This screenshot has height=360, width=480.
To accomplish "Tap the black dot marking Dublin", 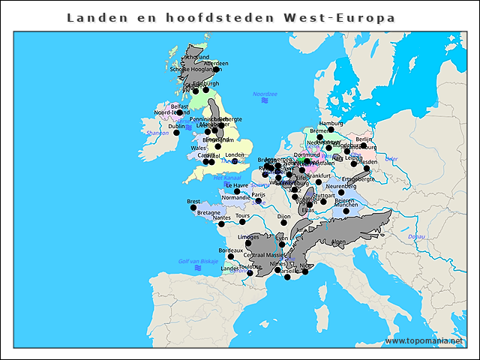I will (177, 133).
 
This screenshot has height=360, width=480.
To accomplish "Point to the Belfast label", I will (180, 106).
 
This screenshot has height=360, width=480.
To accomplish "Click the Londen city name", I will (235, 155).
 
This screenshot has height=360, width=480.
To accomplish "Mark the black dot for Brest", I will (193, 208).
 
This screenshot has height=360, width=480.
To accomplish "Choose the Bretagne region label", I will (208, 213).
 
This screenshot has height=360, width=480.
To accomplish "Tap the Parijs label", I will (259, 194).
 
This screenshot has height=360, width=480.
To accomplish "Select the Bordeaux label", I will (230, 250).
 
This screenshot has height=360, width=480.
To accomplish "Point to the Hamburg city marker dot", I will (331, 130).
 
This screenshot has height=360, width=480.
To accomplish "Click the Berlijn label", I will (364, 139).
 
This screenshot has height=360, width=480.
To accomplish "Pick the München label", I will (346, 204).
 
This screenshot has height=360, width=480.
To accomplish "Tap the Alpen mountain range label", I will (339, 242).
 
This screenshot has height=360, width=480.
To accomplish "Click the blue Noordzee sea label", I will (265, 94).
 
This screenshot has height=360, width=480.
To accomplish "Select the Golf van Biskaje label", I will (199, 261).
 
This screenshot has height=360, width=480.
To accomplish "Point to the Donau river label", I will (416, 236).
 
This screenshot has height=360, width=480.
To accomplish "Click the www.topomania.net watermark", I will (424, 340).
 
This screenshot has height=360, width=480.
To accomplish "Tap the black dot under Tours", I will (243, 222).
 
